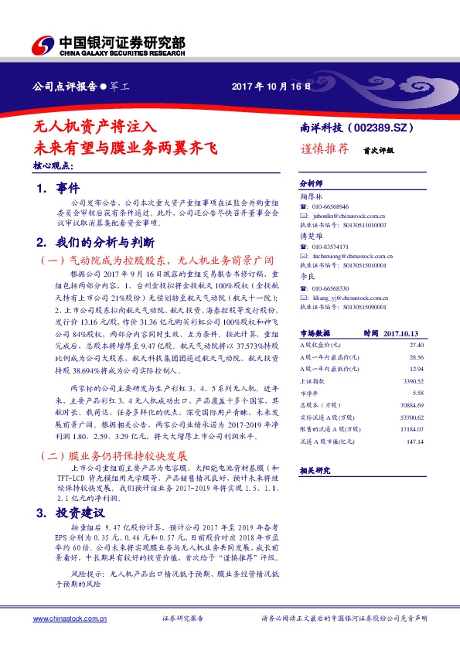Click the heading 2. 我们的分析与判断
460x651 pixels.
tap(96, 240)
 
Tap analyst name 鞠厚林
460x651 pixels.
tap(311, 197)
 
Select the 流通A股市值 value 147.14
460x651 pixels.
tap(416, 441)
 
